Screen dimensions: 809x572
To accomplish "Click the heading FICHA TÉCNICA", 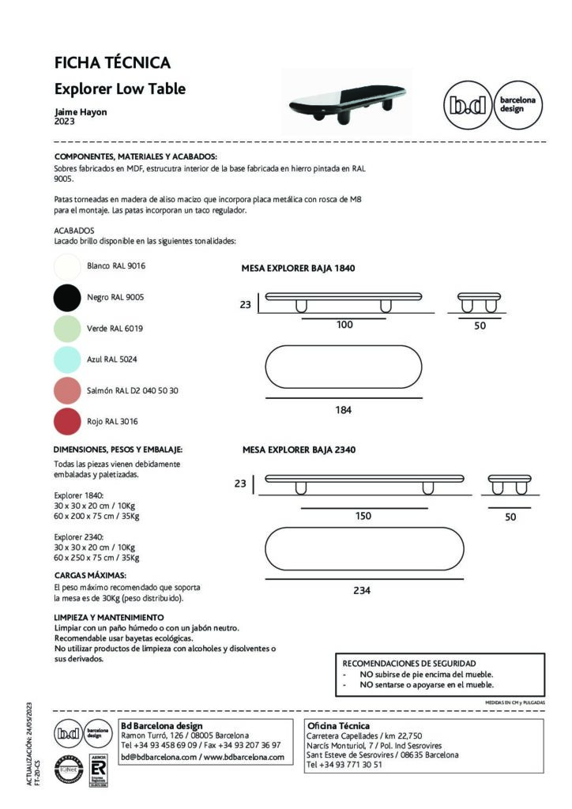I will (x=112, y=63).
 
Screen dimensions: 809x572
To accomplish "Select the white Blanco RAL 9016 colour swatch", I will (x=68, y=266).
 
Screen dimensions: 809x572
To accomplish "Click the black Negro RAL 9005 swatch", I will (x=68, y=297).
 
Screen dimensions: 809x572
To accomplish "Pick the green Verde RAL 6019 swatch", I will (x=68, y=328).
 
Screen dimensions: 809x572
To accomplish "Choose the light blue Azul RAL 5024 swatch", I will (x=68, y=359).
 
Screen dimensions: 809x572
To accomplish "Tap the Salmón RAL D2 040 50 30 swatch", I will (x=68, y=390).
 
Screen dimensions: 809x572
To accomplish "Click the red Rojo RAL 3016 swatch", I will (x=68, y=421).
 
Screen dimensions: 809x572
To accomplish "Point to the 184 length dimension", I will (x=344, y=410).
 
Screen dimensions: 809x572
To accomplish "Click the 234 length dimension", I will (x=362, y=590).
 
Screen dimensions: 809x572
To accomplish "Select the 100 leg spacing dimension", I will (x=344, y=325).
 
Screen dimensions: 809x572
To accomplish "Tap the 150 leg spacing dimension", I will (x=363, y=516).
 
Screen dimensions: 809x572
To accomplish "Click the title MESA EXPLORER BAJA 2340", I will (x=299, y=450).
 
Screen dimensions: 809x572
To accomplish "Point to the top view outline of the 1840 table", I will (x=344, y=367).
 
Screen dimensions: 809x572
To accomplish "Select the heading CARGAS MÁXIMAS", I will (x=90, y=575).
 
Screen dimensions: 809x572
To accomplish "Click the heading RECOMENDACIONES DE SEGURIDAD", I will (x=408, y=664).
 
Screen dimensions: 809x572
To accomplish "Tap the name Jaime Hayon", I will (x=81, y=112).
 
